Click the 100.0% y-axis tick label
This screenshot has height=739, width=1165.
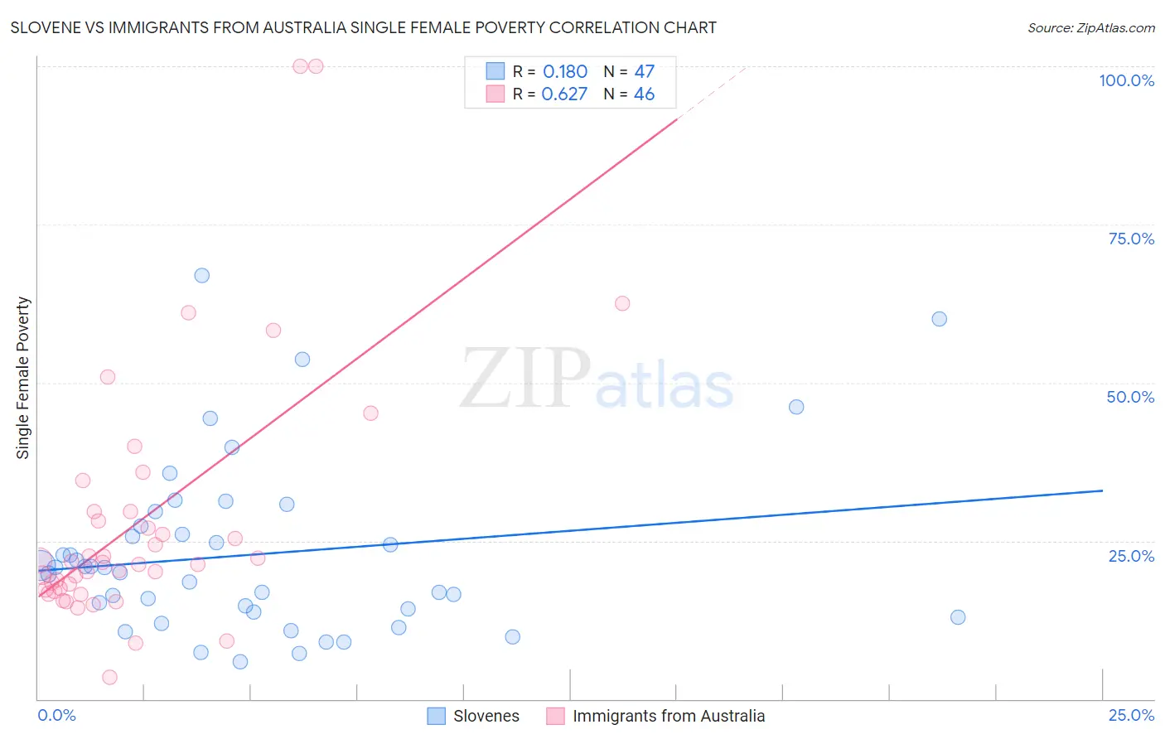click(1126, 80)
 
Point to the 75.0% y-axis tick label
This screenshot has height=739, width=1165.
click(1131, 239)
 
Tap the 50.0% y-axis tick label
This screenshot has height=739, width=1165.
click(1130, 397)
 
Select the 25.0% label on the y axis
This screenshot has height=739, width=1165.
click(1131, 556)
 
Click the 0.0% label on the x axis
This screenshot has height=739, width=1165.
click(56, 715)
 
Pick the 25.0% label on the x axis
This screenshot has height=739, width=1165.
click(1131, 715)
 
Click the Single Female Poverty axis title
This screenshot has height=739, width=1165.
click(23, 378)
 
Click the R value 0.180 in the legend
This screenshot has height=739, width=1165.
click(565, 72)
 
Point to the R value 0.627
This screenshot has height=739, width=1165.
click(564, 94)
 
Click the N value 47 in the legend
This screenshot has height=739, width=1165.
click(644, 72)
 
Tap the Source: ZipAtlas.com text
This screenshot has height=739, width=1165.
click(1090, 28)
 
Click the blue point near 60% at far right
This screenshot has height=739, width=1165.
click(939, 319)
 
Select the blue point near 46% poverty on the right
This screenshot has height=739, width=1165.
click(796, 407)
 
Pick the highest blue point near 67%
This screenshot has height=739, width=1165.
click(202, 275)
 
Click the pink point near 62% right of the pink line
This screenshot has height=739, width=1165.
click(622, 303)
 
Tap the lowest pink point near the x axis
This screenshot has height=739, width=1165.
click(109, 678)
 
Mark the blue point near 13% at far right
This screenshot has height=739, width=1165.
click(958, 617)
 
